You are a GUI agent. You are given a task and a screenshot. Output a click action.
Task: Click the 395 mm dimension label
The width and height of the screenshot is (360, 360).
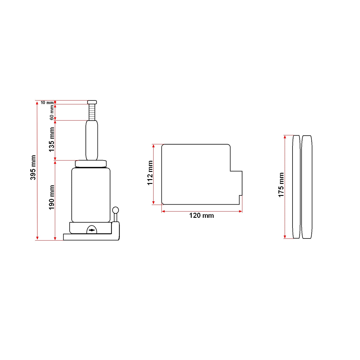point(33,167)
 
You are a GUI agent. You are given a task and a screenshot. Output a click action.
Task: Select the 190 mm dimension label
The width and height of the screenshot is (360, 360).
point(51,197)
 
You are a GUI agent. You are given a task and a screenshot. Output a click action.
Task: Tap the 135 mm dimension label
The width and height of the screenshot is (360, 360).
point(51,139)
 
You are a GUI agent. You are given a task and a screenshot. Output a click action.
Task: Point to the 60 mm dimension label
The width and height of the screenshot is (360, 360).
point(52,112)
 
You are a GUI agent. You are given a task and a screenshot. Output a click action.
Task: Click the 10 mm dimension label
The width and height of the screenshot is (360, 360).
point(47,103)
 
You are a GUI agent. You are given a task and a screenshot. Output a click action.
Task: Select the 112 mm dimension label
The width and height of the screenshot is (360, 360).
point(150,173)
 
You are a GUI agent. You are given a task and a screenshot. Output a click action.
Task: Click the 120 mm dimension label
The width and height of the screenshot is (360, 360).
point(201,215)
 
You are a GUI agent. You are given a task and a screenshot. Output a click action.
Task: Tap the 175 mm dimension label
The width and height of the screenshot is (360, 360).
point(281,185)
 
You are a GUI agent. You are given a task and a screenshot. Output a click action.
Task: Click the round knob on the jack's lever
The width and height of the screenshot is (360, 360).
point(115,210)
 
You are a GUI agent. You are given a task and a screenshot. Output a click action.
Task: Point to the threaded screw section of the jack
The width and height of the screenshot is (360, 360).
point(92,112)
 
